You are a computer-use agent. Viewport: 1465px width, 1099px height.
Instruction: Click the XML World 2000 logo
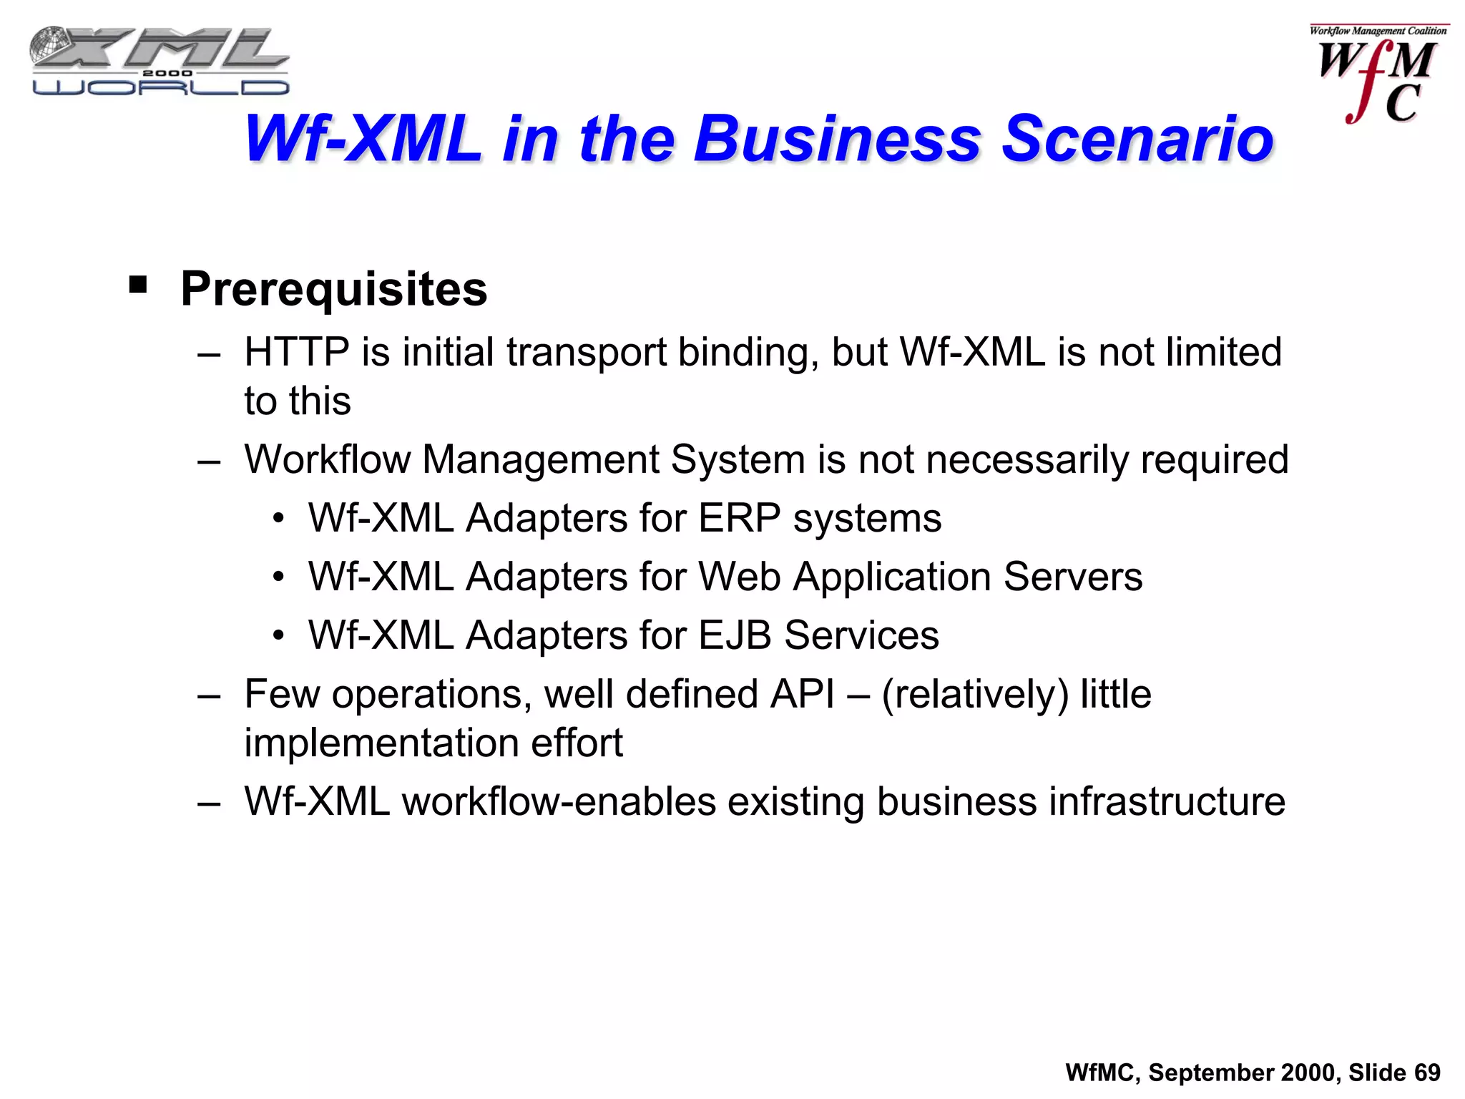point(159,62)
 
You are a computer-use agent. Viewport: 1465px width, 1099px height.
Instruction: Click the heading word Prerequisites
point(333,289)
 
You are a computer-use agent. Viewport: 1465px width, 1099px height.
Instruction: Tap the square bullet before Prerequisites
point(138,285)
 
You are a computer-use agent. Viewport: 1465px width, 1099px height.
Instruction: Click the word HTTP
point(296,352)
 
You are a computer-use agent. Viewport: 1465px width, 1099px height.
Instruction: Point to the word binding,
point(747,353)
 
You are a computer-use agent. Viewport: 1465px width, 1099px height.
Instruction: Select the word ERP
point(739,518)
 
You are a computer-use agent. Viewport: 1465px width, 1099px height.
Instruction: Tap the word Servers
point(1072,577)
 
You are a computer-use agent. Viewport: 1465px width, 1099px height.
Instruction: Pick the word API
point(802,694)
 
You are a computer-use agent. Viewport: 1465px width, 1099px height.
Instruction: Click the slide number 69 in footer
point(1427,1073)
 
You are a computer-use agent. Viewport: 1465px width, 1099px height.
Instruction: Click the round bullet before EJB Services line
point(278,635)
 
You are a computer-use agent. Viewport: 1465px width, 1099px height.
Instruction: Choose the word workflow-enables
point(559,801)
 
